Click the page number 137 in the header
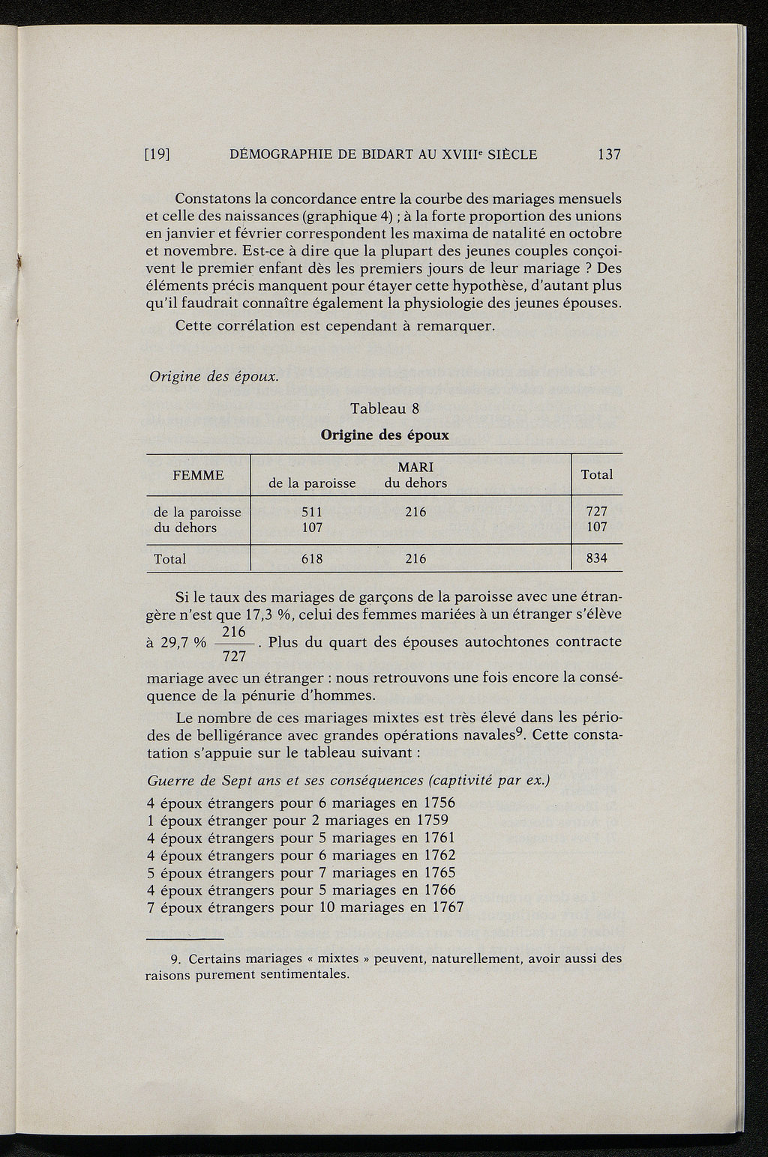pos(608,154)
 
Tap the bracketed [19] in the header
pos(158,155)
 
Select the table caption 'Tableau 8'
pos(384,408)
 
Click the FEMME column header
pos(198,475)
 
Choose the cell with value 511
pos(311,512)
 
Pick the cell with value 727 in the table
pos(597,511)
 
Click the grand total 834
pos(597,558)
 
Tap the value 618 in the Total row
pos(311,559)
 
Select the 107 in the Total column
pos(597,527)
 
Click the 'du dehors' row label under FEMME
pos(184,528)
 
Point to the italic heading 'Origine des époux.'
pos(213,376)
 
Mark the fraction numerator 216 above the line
pos(235,632)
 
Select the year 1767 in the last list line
pos(448,907)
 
